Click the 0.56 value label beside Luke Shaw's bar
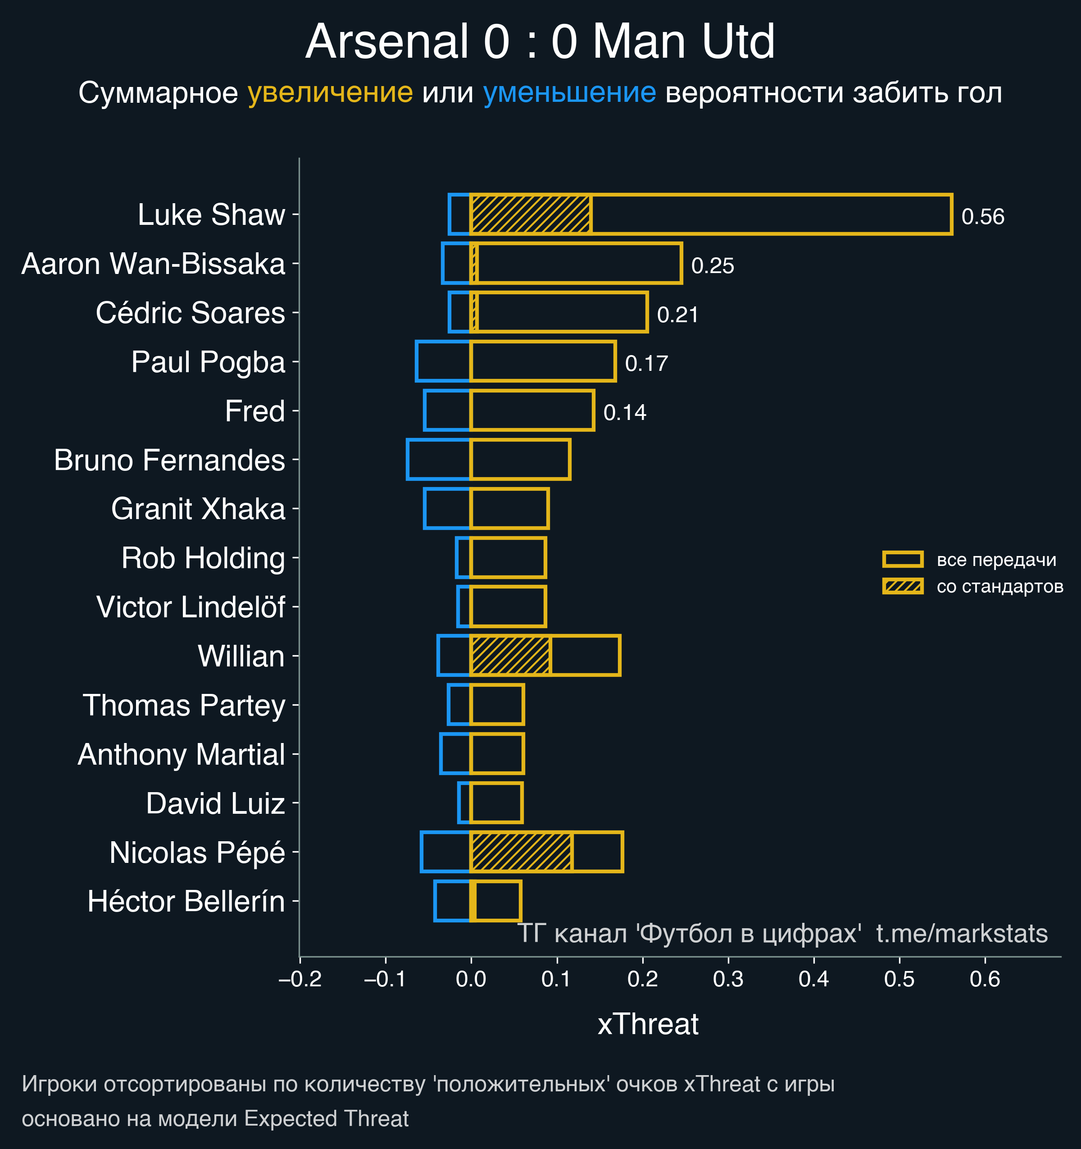coord(982,217)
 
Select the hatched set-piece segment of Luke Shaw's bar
coord(531,214)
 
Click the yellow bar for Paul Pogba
coord(543,361)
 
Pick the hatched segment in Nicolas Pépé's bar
coord(521,851)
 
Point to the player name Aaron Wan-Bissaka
coord(153,264)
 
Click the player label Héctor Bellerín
coord(186,902)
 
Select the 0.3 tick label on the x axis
coord(728,979)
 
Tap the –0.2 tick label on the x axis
coord(300,979)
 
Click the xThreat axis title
coord(648,1024)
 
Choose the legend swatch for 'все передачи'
coord(903,559)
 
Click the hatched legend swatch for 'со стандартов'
coord(903,586)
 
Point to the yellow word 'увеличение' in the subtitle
coord(330,92)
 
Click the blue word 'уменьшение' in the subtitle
coord(569,92)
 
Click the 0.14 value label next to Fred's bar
coord(625,413)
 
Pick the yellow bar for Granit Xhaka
coord(509,509)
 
